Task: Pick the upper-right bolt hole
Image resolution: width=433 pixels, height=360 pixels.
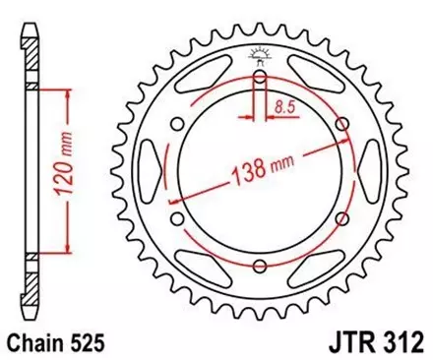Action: (x=342, y=124)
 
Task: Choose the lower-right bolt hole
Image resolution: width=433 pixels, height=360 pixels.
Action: (x=342, y=220)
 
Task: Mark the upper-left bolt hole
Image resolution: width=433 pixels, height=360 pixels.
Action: (x=175, y=124)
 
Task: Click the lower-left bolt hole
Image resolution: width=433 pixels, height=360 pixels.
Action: (x=175, y=220)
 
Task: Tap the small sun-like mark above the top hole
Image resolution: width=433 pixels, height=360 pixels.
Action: (x=259, y=53)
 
